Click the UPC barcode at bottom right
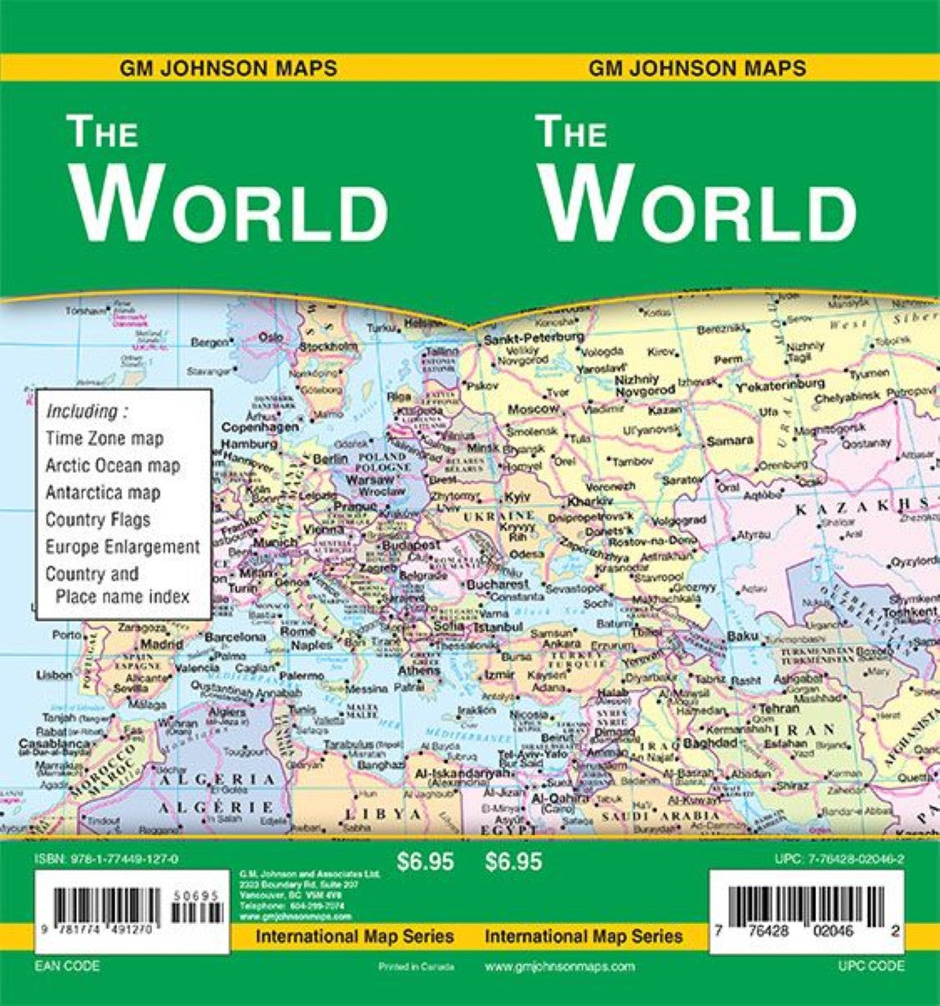click(x=807, y=905)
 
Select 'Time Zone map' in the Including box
click(x=104, y=438)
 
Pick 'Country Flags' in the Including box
click(x=97, y=519)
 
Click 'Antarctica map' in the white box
click(x=103, y=493)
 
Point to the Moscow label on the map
click(x=533, y=409)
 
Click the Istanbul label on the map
click(x=497, y=627)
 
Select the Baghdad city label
click(x=709, y=743)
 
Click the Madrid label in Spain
click(x=162, y=644)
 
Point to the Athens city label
click(x=419, y=670)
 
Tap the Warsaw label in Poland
click(x=368, y=479)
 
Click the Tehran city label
click(x=778, y=709)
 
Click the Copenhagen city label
click(x=260, y=426)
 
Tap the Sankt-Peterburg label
click(x=533, y=337)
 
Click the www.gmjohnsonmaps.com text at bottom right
click(x=560, y=967)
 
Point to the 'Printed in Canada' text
click(x=415, y=967)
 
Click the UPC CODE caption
click(x=872, y=967)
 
